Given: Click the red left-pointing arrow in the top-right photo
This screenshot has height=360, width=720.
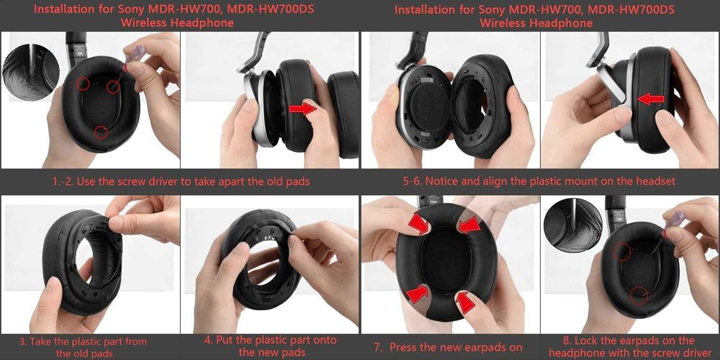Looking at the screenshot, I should click(x=651, y=98).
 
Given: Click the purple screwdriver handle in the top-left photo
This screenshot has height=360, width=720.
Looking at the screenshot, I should click(x=135, y=54).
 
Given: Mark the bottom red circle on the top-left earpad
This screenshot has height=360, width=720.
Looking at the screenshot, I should click(x=101, y=131).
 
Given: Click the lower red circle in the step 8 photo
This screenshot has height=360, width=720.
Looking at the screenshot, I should click(x=636, y=296).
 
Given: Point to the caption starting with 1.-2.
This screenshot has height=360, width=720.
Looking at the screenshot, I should click(x=179, y=181).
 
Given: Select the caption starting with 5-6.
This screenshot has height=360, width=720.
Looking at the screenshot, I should click(x=540, y=181).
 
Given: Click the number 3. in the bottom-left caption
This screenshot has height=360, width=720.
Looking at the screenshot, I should click(x=23, y=341).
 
